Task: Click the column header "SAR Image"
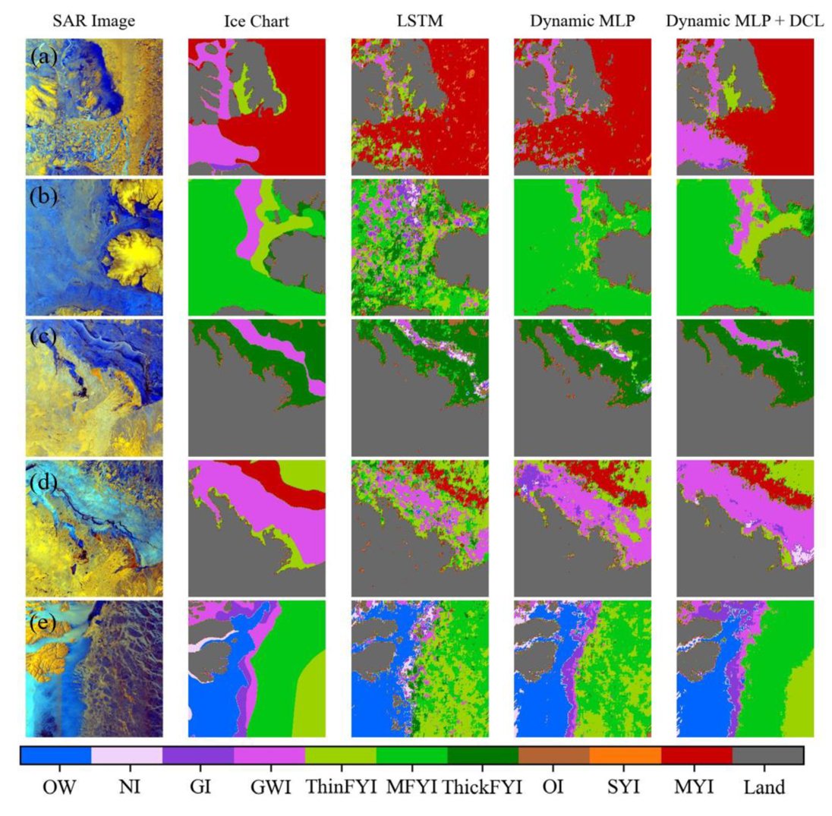[x=94, y=21]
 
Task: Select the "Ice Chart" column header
[x=257, y=21]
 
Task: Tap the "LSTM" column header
[x=419, y=21]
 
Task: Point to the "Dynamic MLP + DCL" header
[x=744, y=21]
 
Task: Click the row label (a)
[x=44, y=56]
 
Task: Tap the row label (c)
[x=44, y=335]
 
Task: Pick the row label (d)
[x=44, y=475]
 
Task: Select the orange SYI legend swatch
[x=626, y=755]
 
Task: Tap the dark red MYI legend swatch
[x=697, y=755]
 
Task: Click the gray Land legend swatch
[x=767, y=755]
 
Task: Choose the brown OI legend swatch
[x=554, y=755]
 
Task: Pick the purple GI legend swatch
[x=198, y=755]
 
